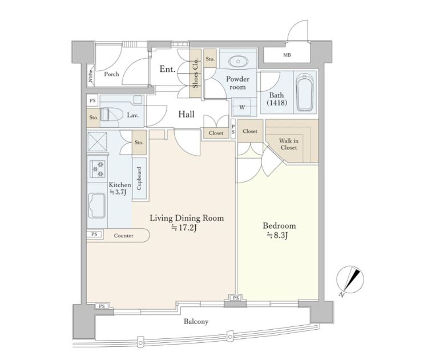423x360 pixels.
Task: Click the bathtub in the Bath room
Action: coord(305,93)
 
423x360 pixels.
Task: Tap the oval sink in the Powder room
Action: coord(238,61)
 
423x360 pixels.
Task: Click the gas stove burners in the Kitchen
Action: coord(98,169)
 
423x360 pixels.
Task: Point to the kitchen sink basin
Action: coord(96,205)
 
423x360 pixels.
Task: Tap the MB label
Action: coord(287,55)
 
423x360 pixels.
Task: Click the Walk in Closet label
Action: coord(289,144)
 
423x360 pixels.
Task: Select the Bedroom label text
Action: coord(279,226)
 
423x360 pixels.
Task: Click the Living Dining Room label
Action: coord(187,218)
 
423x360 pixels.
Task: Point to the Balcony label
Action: coord(196,322)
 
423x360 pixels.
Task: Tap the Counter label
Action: coord(123,236)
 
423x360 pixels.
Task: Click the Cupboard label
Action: coord(139,178)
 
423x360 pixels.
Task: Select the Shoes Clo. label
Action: coord(196,72)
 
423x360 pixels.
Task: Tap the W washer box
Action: coord(242,107)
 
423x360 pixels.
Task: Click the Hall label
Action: coord(186,114)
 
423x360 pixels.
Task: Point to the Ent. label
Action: coord(167,69)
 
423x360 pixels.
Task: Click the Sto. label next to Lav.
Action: coord(94,118)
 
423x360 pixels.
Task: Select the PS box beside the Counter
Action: coord(94,234)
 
